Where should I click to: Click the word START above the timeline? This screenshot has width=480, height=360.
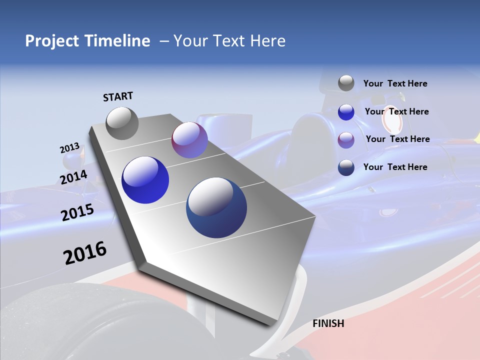[x=118, y=96]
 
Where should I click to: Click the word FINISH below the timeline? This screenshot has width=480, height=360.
[x=328, y=323]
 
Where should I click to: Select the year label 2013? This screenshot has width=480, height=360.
[x=69, y=148]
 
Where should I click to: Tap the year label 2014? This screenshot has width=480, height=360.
[x=73, y=177]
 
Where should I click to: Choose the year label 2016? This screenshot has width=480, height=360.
[x=85, y=253]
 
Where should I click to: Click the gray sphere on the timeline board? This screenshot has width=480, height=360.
[x=122, y=123]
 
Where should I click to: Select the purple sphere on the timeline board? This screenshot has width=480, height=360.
[x=189, y=140]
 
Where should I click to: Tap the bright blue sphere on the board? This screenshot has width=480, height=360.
[x=145, y=180]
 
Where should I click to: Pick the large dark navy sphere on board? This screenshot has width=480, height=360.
[x=216, y=208]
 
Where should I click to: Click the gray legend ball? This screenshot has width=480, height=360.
[x=346, y=83]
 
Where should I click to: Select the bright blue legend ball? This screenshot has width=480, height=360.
[x=346, y=112]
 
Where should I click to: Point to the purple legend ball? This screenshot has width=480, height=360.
[x=346, y=140]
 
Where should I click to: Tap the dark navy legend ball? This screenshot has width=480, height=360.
[x=346, y=167]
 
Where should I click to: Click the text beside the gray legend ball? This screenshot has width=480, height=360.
[x=395, y=83]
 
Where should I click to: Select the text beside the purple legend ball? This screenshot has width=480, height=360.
[x=397, y=139]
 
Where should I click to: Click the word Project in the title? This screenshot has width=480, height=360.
[x=52, y=41]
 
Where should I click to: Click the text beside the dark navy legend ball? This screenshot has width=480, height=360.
[x=395, y=167]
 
